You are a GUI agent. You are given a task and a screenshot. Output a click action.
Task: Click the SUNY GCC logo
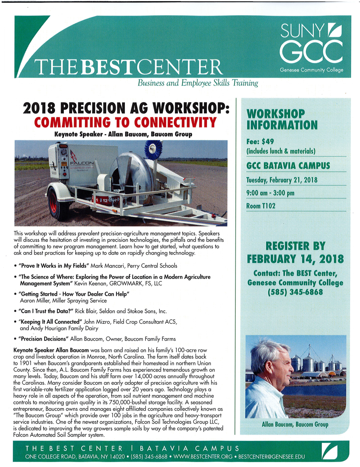pyautogui.click(x=311, y=47)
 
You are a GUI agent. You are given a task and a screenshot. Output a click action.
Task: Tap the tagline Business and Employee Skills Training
pyautogui.click(x=198, y=83)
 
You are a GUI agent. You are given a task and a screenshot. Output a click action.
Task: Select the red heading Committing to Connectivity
pyautogui.click(x=125, y=123)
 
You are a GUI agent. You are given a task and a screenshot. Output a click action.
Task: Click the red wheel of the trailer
pyautogui.click(x=54, y=205)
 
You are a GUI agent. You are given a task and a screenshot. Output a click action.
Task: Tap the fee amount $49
pyautogui.click(x=268, y=141)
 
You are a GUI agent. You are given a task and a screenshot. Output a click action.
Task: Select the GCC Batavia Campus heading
pyautogui.click(x=288, y=166)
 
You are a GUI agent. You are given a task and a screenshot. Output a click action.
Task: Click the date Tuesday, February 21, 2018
pyautogui.click(x=282, y=180)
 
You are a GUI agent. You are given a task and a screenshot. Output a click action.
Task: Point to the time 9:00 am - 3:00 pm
pyautogui.click(x=270, y=193)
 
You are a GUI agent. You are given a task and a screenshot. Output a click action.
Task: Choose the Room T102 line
pyautogui.click(x=261, y=206)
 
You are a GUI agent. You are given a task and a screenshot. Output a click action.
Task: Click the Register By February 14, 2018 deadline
pyautogui.click(x=295, y=253)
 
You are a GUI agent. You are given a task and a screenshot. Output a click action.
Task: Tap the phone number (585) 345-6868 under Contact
pyautogui.click(x=295, y=292)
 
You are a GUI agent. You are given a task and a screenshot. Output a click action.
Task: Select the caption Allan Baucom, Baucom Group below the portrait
pyautogui.click(x=295, y=425)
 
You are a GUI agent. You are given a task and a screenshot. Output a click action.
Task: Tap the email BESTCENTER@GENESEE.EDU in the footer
pyautogui.click(x=271, y=457)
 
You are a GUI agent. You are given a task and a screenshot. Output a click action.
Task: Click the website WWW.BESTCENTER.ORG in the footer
pyautogui.click(x=204, y=457)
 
